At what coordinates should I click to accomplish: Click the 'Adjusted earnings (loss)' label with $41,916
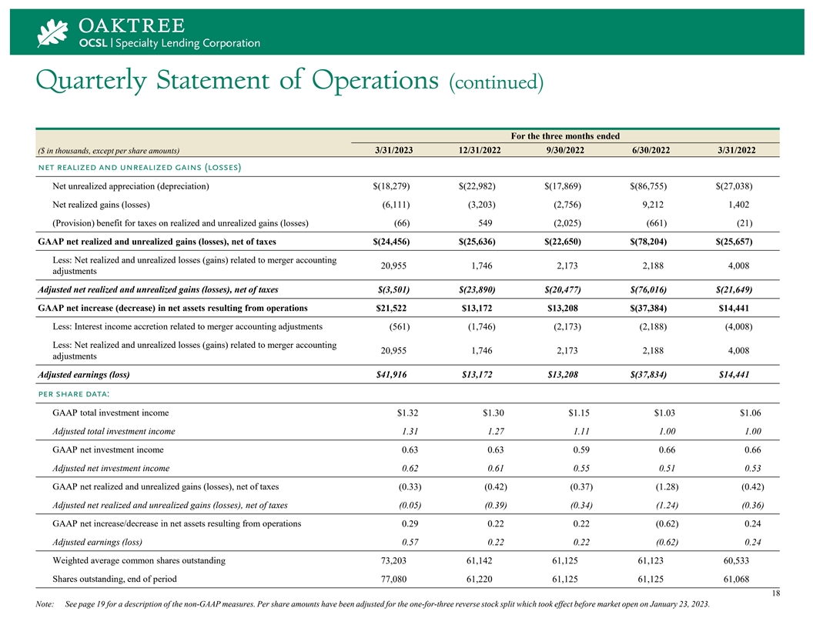[83, 375]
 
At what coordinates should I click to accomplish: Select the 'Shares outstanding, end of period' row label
[114, 579]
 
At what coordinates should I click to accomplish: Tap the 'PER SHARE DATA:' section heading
[74, 394]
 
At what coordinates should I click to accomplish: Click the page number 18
[773, 594]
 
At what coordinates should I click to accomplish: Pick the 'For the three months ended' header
[565, 135]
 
